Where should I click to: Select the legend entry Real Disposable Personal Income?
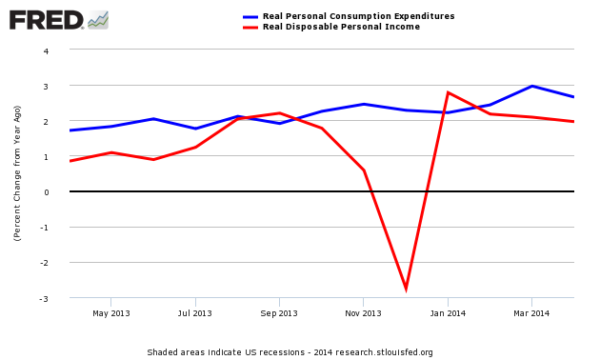coord(341,27)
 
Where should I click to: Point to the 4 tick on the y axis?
coord(59,50)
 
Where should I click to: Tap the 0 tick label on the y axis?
coord(59,192)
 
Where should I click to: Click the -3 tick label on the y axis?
coord(57,299)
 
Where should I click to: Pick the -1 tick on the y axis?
coord(57,228)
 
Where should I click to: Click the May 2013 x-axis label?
coord(111,312)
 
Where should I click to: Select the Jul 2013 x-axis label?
coord(195,312)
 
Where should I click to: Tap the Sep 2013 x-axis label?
coord(279,312)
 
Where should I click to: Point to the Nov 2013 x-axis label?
coord(363,312)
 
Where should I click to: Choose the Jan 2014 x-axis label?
coord(448,312)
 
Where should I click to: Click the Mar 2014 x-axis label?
coord(531,312)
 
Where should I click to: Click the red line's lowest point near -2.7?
coord(406,288)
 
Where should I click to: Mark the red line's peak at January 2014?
coord(448,92)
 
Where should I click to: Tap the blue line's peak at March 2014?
coord(531,86)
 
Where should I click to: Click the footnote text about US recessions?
coord(290,352)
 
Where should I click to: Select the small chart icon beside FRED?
coord(98,19)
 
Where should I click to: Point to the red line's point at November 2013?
coord(363,170)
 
